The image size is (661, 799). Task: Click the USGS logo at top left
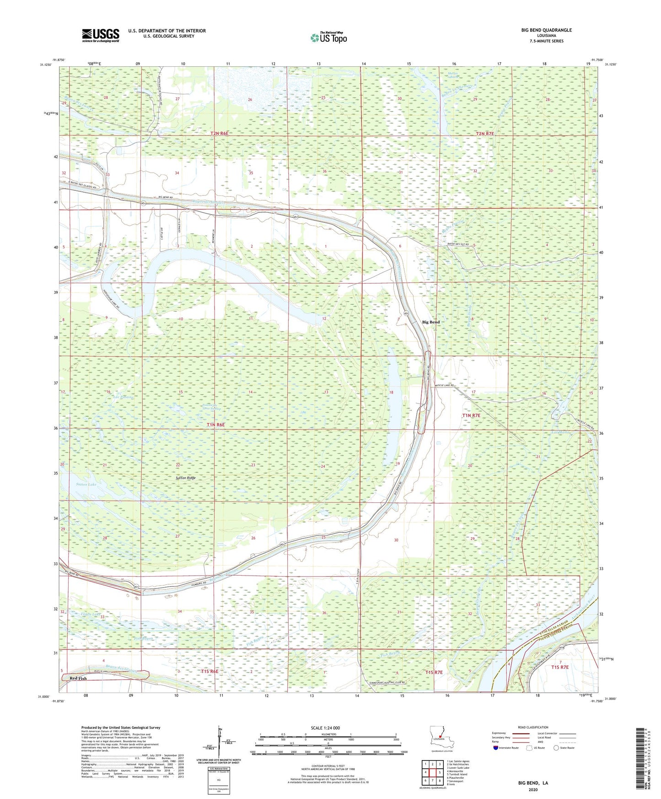(x=101, y=35)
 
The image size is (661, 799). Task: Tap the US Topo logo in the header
(x=328, y=38)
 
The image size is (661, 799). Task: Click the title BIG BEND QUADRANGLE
(x=546, y=30)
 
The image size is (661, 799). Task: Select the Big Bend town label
(x=430, y=322)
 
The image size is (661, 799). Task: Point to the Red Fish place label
(x=78, y=678)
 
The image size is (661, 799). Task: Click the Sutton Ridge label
(x=185, y=478)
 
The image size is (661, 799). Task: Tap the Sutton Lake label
(x=86, y=484)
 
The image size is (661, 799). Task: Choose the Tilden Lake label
(x=90, y=614)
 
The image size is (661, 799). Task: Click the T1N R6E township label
(x=216, y=425)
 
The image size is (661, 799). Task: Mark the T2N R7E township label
(x=485, y=134)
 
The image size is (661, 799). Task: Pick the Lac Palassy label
(x=123, y=397)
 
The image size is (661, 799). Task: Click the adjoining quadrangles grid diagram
(x=432, y=772)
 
